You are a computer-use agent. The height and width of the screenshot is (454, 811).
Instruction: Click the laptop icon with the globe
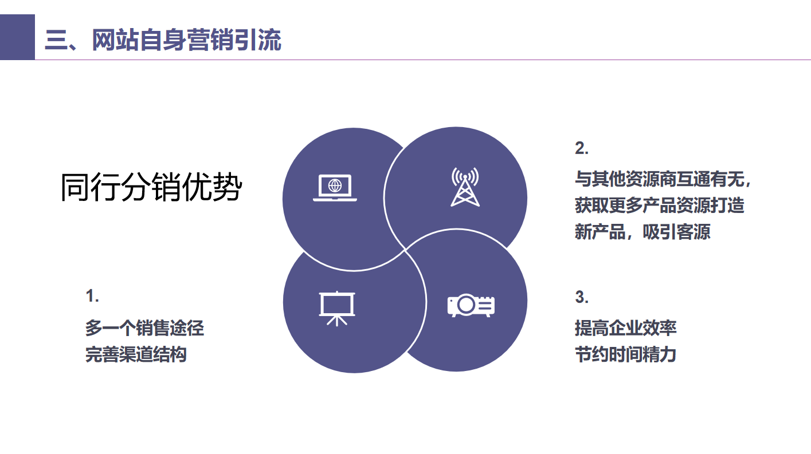pyautogui.click(x=335, y=188)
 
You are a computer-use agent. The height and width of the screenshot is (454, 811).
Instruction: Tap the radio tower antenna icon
pyautogui.click(x=465, y=187)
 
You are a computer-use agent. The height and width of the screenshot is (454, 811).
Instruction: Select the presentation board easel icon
pyautogui.click(x=336, y=307)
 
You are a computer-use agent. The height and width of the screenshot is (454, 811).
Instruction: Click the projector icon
pyautogui.click(x=471, y=305)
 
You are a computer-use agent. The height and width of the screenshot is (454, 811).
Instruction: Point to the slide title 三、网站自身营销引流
pyautogui.click(x=163, y=41)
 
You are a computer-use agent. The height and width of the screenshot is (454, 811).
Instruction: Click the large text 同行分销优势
pyautogui.click(x=151, y=188)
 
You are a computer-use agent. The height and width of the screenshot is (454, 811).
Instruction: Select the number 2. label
pyautogui.click(x=582, y=148)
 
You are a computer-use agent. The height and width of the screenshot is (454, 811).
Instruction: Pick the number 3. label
pyautogui.click(x=582, y=297)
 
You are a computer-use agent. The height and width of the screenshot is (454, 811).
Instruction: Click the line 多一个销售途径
pyautogui.click(x=144, y=328)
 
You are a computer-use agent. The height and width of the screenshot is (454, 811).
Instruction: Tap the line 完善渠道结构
pyautogui.click(x=136, y=354)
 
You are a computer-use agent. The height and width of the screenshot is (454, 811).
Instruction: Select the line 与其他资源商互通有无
pyautogui.click(x=663, y=179)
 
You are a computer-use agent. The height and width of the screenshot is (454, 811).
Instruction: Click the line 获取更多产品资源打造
pyautogui.click(x=659, y=205)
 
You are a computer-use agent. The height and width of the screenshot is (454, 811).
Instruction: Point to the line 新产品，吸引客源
pyautogui.click(x=642, y=232)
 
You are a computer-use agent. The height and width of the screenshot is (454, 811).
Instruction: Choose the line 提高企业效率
pyautogui.click(x=626, y=328)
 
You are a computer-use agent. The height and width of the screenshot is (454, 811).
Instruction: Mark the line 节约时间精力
pyautogui.click(x=625, y=354)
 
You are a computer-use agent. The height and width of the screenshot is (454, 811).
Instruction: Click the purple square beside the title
pyautogui.click(x=17, y=37)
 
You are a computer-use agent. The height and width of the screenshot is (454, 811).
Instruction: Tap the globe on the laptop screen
pyautogui.click(x=335, y=185)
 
